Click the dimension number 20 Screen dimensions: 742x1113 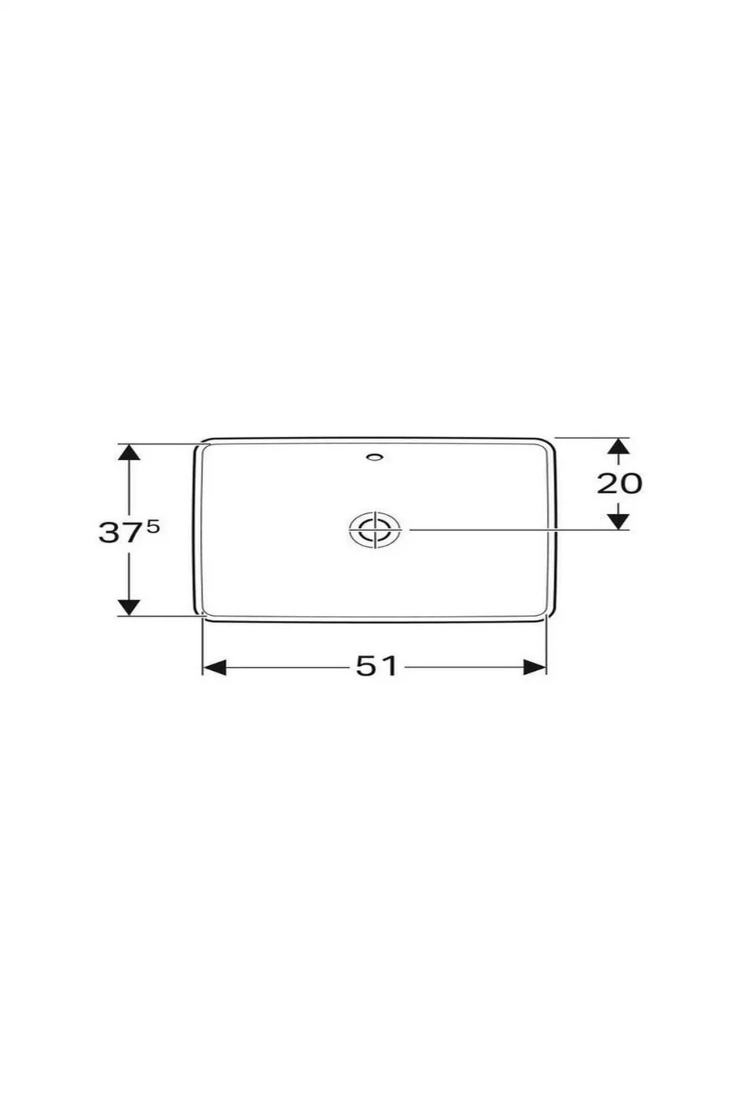click(x=619, y=483)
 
